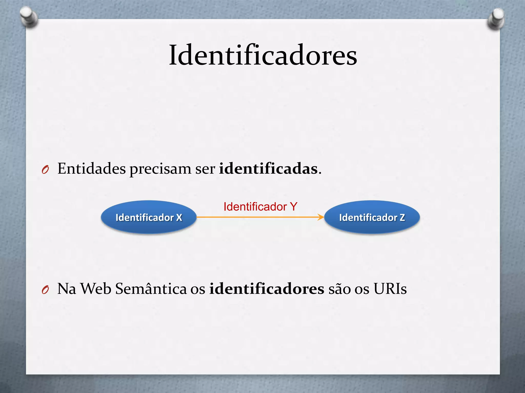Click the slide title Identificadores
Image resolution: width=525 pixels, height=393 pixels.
coord(263,55)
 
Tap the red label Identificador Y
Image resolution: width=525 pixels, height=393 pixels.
coord(260,206)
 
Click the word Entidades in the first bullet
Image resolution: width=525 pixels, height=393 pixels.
coord(92,169)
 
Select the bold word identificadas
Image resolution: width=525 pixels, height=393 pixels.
coord(268,169)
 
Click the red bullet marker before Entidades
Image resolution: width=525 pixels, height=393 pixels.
coord(45,170)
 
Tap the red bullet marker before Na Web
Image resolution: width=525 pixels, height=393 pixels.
coord(45,290)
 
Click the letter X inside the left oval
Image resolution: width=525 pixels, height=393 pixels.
coord(179,217)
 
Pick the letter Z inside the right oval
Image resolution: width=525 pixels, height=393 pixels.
coord(402,217)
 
